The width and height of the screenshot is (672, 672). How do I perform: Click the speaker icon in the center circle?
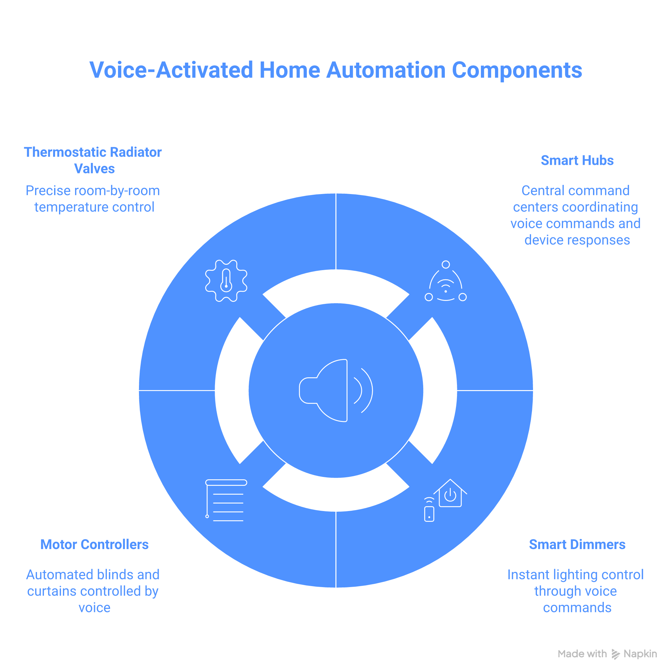point(336,390)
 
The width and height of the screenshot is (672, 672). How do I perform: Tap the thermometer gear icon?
point(226,281)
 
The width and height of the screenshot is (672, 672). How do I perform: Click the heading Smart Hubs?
point(577,161)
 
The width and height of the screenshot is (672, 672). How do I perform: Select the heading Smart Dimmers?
point(577,545)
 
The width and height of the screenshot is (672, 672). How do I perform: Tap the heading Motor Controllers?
point(94,545)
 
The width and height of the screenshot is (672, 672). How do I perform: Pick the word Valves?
point(94,169)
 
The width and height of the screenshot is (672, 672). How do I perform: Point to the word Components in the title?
point(517,70)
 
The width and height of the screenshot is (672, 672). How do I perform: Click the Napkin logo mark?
point(616,654)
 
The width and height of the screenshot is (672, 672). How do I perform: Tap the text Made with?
point(582,654)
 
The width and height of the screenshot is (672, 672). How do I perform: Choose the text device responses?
point(577,240)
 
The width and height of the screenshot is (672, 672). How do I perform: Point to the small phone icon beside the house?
point(429,513)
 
